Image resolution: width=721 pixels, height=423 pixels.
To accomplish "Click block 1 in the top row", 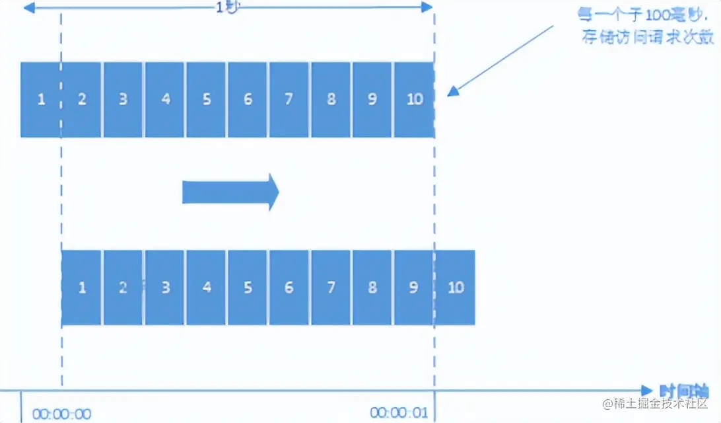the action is click(40, 100).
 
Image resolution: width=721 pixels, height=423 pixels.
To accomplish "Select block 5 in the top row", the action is click(207, 100).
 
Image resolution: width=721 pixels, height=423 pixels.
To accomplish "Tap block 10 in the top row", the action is click(414, 100).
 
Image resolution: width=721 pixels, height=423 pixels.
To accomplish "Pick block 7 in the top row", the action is click(289, 100).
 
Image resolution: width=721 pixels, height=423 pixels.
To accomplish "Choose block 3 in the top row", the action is click(123, 100).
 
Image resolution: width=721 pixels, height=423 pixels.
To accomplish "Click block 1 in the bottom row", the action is click(82, 288).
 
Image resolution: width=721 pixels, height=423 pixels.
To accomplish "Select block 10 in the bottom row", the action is click(456, 288).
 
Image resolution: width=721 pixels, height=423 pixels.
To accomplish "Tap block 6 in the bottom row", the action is click(289, 288).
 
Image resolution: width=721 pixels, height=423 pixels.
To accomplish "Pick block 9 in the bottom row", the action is click(414, 288).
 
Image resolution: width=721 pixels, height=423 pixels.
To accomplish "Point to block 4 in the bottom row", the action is click(207, 288).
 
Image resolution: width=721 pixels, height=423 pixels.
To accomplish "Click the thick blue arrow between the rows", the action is click(230, 192).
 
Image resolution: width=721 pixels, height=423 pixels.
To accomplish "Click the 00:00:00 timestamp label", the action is click(61, 414).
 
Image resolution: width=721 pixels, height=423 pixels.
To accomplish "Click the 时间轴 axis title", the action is click(683, 391).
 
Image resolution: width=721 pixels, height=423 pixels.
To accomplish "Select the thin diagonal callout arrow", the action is click(502, 59).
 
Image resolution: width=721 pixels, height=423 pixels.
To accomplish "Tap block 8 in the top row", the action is click(331, 100).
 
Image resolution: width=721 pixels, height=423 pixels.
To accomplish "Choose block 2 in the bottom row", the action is click(123, 288).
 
